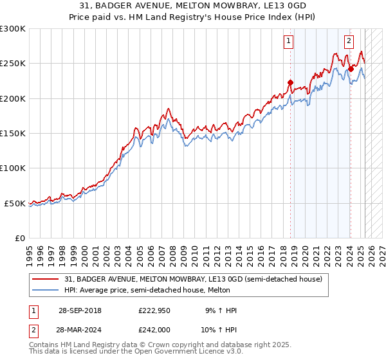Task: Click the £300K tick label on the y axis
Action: coord(13,29)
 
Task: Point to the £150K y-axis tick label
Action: coord(13,134)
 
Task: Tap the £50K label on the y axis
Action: coord(15,203)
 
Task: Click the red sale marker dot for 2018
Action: coord(290,82)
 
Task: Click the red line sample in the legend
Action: coord(46,279)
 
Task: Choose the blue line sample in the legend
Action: coord(46,290)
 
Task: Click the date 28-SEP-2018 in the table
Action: coord(80,310)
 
